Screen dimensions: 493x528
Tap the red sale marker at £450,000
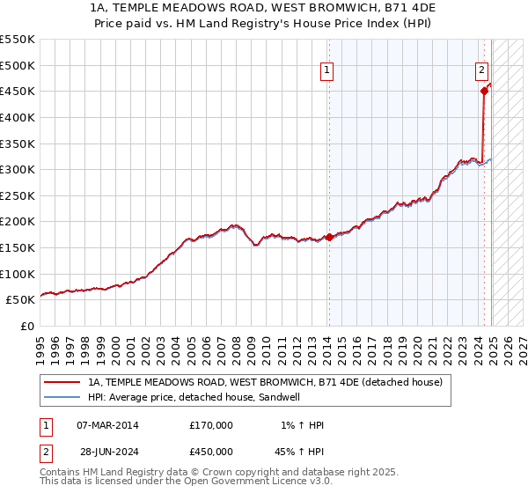coord(484,90)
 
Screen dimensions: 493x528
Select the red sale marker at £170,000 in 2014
coord(329,237)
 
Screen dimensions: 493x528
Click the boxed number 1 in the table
coord(44,425)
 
